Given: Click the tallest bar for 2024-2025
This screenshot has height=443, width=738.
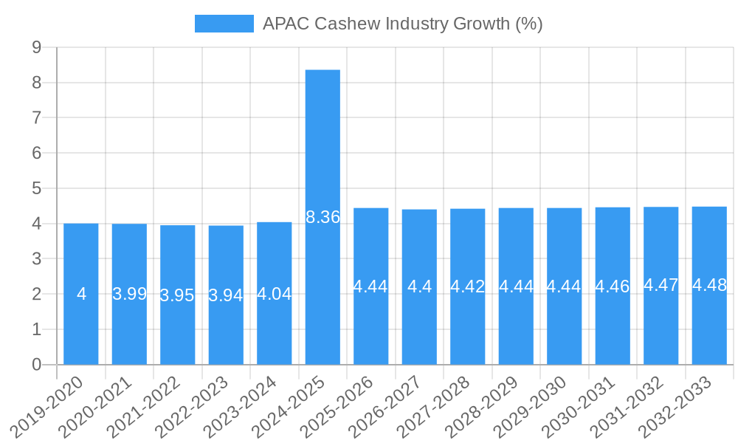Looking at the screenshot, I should click(x=323, y=148).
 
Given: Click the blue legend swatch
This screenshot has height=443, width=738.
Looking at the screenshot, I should click(x=224, y=24).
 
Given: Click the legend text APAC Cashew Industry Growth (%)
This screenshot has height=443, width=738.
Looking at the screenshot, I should click(x=403, y=24).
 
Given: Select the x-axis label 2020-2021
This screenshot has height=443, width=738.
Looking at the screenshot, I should click(x=96, y=405).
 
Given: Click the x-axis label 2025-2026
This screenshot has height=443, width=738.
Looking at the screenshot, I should click(x=337, y=405).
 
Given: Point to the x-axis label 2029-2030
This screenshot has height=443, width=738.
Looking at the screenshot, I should click(x=531, y=405).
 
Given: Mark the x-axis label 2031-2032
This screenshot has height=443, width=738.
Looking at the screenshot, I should click(x=627, y=405).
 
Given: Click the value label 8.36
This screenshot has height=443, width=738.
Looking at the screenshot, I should click(x=323, y=217).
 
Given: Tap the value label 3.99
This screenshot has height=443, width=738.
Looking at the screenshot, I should click(x=130, y=294).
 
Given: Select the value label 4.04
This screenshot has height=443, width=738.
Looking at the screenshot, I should click(x=275, y=294).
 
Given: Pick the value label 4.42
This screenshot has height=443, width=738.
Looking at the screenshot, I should click(x=468, y=286).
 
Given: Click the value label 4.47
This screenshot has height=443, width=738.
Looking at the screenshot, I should click(x=661, y=285).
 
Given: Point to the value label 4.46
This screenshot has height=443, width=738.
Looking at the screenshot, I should click(x=613, y=286).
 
